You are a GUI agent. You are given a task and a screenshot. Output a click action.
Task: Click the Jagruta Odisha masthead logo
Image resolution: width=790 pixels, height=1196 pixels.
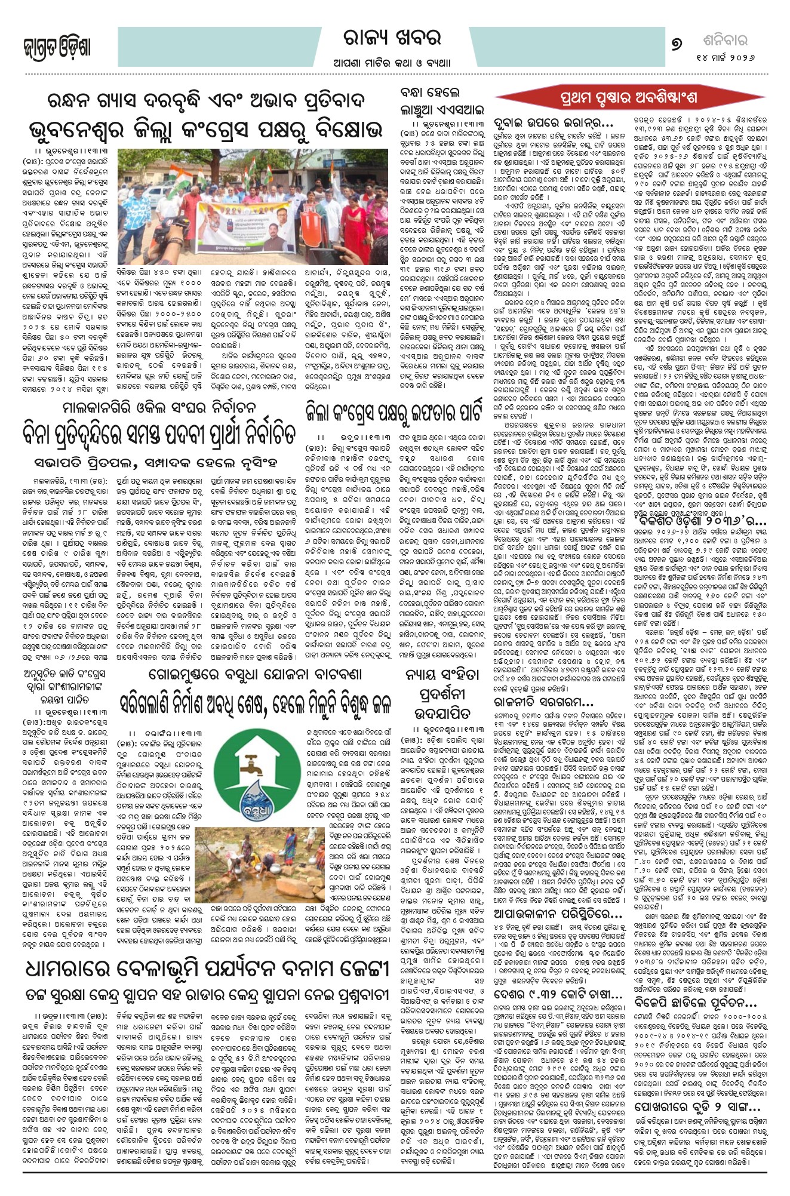pyautogui.click(x=57, y=47)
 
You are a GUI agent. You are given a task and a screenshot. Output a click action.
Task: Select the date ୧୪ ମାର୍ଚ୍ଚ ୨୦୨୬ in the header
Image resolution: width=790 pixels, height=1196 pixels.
pyautogui.click(x=724, y=58)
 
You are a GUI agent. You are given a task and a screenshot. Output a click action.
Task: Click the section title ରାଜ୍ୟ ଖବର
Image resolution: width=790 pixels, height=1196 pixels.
pyautogui.click(x=392, y=39)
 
